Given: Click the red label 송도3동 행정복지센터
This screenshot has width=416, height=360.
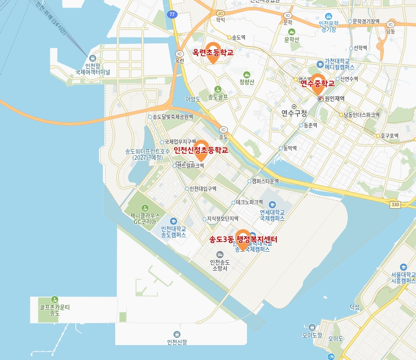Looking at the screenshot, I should coord(243,240).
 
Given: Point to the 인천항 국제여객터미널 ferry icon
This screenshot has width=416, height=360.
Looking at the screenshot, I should coord(92,58).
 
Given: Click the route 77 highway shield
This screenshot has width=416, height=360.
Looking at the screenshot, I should coord(172,14).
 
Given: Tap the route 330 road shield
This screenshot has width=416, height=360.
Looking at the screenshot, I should coord(395,205).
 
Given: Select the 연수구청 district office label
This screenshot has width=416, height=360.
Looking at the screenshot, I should coord(294,113).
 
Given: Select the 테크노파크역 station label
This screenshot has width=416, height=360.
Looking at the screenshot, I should coord(249,202).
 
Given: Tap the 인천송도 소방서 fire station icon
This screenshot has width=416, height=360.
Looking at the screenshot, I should coord(220,255).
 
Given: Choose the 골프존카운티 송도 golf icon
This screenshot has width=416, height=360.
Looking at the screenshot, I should coord(54,299).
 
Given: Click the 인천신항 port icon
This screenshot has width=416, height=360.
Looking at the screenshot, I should coord(177,334).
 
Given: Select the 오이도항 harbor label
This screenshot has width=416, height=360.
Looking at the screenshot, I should coord(312,335).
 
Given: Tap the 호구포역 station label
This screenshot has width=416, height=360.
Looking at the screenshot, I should coord(390,135).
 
